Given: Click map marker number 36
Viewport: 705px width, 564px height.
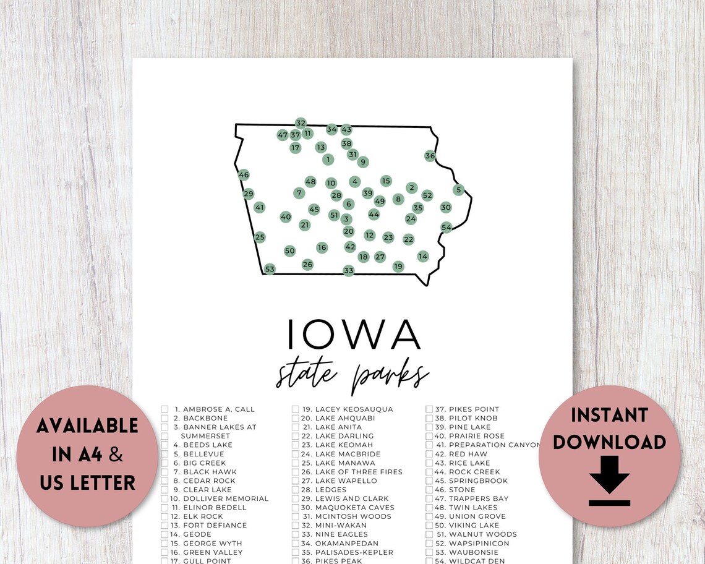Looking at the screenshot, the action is tap(430, 156).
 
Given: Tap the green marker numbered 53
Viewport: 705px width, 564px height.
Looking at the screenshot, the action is tap(269, 269).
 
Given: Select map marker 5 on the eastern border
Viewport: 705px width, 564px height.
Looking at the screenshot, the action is tap(458, 190).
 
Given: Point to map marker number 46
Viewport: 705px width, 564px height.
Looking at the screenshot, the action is tap(244, 175).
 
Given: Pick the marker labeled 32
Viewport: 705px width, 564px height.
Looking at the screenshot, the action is tap(301, 123).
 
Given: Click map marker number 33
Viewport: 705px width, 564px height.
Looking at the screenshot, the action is tap(349, 270).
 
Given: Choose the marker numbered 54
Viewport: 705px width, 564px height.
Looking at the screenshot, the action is tap(446, 227).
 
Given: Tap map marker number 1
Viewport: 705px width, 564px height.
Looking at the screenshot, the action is tap(328, 160).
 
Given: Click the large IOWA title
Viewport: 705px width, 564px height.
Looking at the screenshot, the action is tap(353, 334).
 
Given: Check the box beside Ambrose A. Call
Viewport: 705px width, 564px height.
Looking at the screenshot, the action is tap(165, 409).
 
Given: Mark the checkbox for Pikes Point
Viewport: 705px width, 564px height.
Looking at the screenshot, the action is tap(429, 409).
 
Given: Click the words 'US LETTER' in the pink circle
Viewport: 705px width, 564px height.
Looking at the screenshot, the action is tap(87, 483).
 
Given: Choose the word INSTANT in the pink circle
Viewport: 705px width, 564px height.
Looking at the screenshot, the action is tap(609, 415).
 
